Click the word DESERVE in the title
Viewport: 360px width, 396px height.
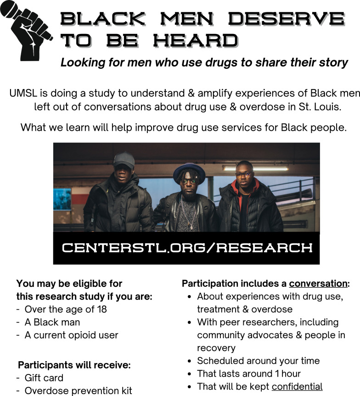(x=287, y=19)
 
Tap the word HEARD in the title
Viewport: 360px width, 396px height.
(x=196, y=40)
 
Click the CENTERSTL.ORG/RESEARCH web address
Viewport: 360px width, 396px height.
(x=187, y=247)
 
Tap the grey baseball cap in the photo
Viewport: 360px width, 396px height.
(x=124, y=160)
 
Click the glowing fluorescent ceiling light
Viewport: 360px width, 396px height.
(x=256, y=168)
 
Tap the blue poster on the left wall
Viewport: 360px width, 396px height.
(x=62, y=199)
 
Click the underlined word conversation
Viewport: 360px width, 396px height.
(x=318, y=284)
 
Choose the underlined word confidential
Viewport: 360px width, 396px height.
(x=297, y=387)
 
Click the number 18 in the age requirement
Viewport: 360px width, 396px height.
(x=101, y=309)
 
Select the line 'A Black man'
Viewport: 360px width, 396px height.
(x=52, y=322)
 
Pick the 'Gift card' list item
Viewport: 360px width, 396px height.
(x=44, y=378)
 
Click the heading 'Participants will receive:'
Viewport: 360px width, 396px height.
(x=74, y=365)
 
